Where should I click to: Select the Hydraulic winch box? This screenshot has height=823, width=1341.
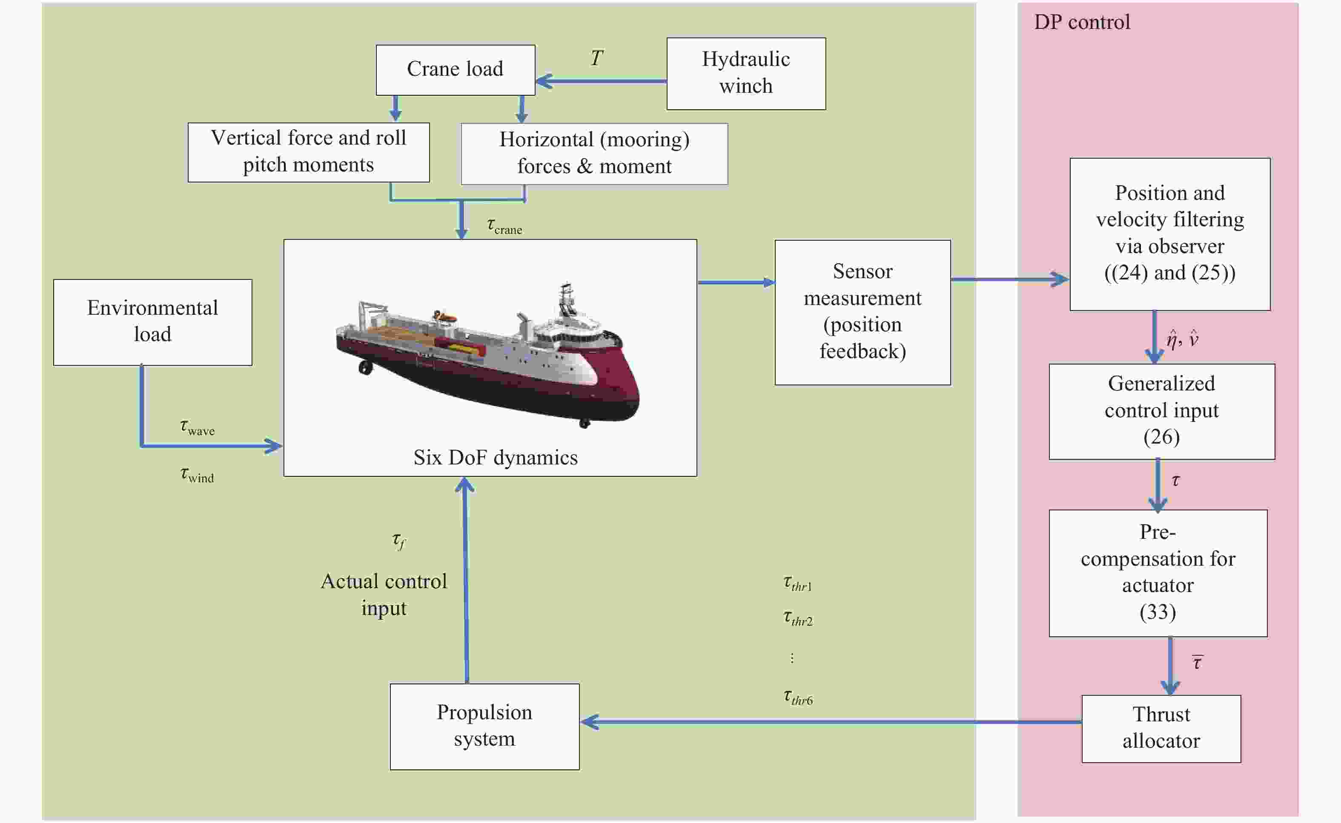pos(746,74)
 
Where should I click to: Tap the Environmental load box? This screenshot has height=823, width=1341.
pos(152,322)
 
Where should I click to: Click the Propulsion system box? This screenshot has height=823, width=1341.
pos(484,726)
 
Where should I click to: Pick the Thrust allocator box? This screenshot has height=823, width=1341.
pos(1161,728)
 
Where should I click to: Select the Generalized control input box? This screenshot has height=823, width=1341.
pos(1161,411)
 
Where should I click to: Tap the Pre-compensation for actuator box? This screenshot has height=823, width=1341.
pos(1158,572)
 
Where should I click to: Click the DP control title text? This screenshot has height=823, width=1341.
pos(1082,22)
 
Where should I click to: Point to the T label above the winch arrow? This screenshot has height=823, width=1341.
pos(596,58)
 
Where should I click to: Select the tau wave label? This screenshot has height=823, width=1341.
pos(197,427)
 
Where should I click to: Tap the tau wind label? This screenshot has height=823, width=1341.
pos(197,475)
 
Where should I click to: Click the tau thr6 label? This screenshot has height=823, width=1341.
pos(798,697)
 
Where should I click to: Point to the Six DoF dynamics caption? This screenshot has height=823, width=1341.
pos(495,458)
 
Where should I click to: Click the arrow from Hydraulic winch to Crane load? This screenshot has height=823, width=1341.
pos(599,81)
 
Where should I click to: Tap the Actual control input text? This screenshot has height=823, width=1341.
pos(384,595)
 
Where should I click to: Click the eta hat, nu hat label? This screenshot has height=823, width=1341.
pos(1182,339)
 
